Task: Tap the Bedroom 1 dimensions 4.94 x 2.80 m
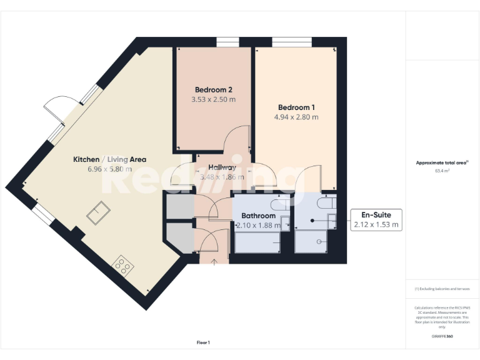tap(296, 117)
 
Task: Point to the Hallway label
tap(222, 167)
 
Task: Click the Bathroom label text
tap(258, 216)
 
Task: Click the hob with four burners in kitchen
tap(122, 267)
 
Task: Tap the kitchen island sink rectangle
tap(98, 214)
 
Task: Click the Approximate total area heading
tap(442, 162)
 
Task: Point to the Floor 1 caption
tap(203, 342)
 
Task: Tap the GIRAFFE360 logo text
tap(442, 336)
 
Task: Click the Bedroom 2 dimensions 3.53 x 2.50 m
tap(214, 99)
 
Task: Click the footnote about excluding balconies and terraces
tap(442, 289)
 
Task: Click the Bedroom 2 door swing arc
tap(237, 137)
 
